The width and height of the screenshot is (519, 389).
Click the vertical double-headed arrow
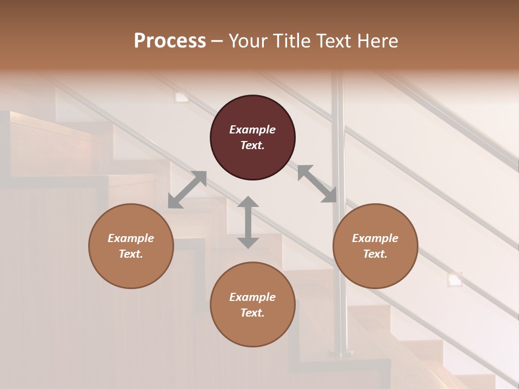(248, 222)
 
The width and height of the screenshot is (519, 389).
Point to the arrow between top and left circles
(187, 190)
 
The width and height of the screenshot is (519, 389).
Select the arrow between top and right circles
(317, 184)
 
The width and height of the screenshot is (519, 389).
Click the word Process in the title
(170, 41)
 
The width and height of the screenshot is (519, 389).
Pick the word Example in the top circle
(252, 130)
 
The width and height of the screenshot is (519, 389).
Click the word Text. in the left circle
(131, 254)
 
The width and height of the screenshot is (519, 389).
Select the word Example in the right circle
(375, 238)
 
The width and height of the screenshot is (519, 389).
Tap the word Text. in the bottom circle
(252, 313)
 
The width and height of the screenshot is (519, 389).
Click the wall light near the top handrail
(182, 97)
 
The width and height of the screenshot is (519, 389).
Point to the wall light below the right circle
(455, 279)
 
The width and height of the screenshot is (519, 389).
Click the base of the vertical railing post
(341, 353)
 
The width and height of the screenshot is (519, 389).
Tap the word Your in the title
(249, 41)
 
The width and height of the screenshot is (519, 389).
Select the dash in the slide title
(217, 41)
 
